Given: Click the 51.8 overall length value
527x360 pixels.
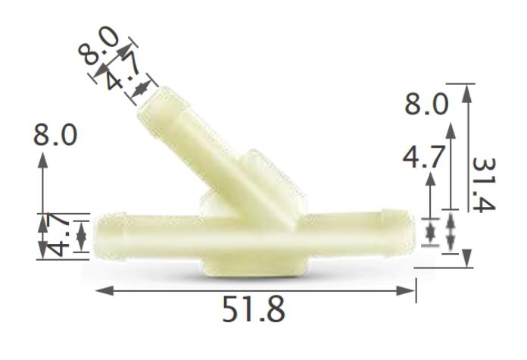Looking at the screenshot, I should point(254,311).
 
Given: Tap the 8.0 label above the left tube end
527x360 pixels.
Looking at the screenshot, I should point(55,136).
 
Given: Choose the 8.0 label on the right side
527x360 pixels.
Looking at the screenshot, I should point(426,104).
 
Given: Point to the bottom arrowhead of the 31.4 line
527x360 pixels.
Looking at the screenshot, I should point(466,261).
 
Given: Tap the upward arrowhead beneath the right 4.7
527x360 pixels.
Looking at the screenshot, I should point(432,179).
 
